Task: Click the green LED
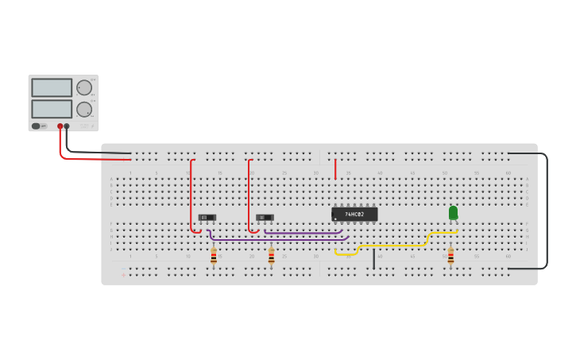pos(453,212)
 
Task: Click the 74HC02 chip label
pos(354,215)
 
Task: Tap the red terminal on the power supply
pos(60,126)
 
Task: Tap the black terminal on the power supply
pos(67,126)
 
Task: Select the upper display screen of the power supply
pos(52,87)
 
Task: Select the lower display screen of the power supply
pos(52,108)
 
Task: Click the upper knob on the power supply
pos(83,87)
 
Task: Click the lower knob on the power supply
pos(83,109)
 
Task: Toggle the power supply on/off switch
pos(36,126)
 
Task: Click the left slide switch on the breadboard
pos(207,217)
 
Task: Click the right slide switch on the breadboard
pos(265,217)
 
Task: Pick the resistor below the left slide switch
pos(213,256)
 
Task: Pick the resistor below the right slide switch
pos(271,256)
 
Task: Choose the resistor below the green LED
pos(450,256)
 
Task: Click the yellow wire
pos(393,246)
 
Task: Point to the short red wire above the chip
pos(335,168)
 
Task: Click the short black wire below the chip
pos(373,259)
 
